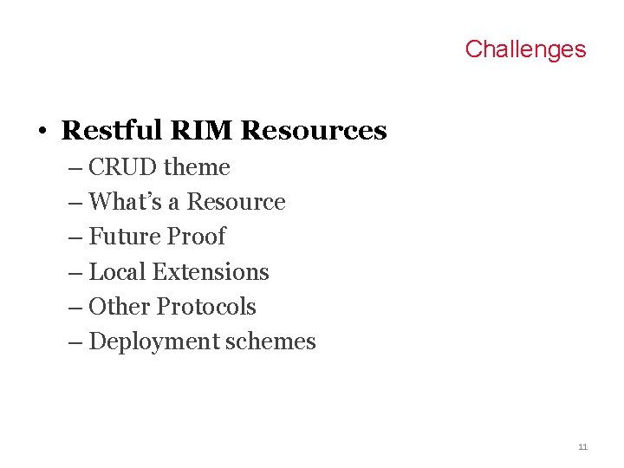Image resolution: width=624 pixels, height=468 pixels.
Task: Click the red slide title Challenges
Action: pyautogui.click(x=525, y=49)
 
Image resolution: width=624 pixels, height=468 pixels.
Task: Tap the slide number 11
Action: pyautogui.click(x=582, y=446)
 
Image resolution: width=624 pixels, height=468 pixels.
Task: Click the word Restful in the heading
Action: pyautogui.click(x=112, y=130)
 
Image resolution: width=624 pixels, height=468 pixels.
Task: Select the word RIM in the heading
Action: pyautogui.click(x=201, y=130)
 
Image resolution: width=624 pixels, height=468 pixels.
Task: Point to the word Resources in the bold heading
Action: pyautogui.click(x=314, y=130)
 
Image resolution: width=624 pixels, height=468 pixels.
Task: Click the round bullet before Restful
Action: pyautogui.click(x=41, y=132)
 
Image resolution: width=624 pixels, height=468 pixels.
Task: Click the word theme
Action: pyautogui.click(x=197, y=167)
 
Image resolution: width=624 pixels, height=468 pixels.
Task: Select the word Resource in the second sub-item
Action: pyautogui.click(x=236, y=202)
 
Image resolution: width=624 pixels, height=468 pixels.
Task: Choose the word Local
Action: pyautogui.click(x=118, y=272)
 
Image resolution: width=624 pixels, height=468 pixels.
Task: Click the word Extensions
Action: pyautogui.click(x=211, y=272)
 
